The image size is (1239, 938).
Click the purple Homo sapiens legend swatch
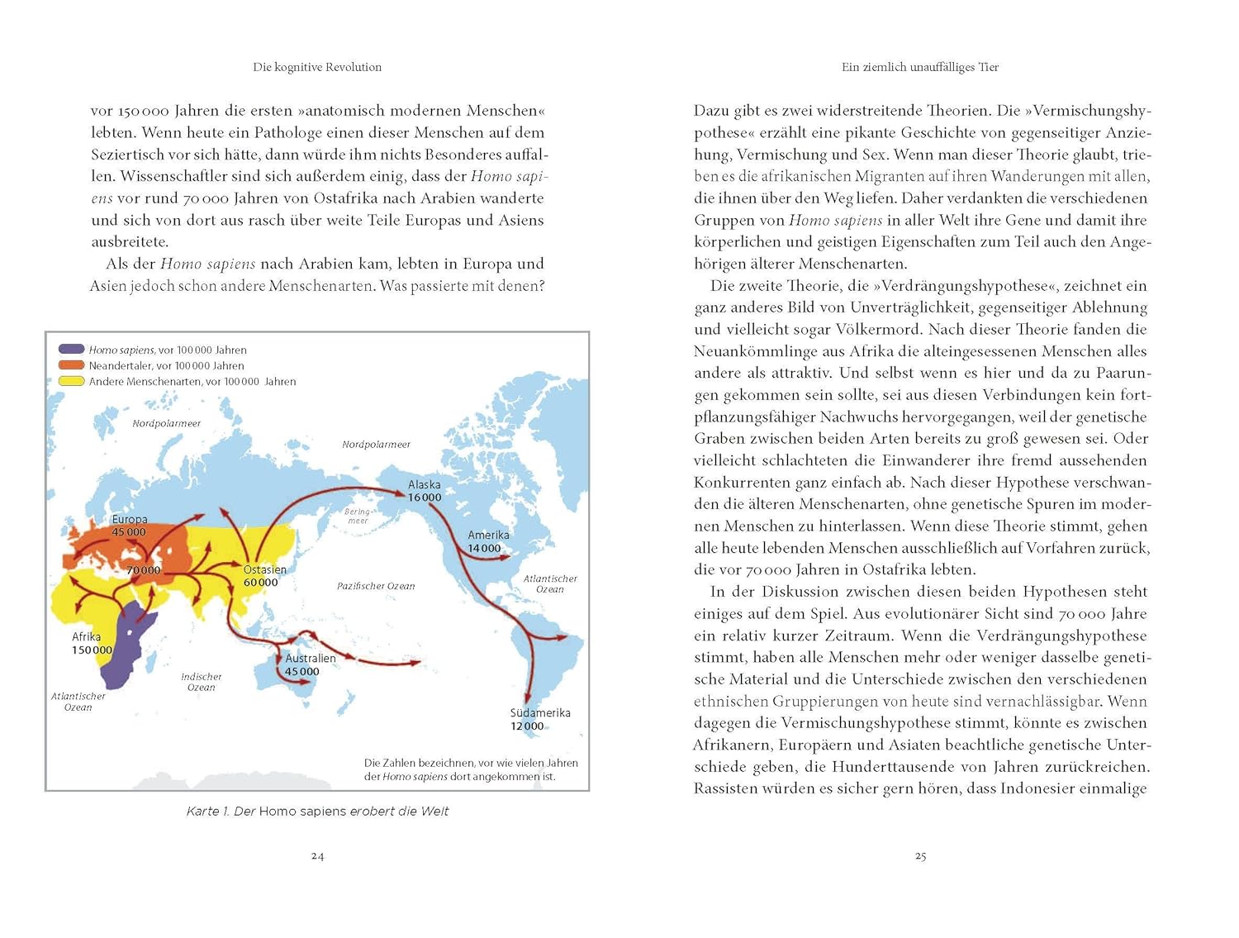71,350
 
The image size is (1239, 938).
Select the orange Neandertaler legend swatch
71,365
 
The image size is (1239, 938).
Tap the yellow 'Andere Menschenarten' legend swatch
71,381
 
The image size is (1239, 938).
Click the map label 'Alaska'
424,484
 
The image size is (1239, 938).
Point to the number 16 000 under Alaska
425,498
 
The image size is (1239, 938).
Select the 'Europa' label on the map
130,520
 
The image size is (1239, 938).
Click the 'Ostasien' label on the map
265,569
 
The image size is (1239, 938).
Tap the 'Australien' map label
311,659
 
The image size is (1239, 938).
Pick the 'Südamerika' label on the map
540,712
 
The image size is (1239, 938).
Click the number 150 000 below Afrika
92,650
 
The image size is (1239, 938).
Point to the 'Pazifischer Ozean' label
376,586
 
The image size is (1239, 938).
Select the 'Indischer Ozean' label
202,682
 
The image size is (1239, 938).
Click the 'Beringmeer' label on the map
358,517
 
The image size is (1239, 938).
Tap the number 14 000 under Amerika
484,549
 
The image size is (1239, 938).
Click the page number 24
317,856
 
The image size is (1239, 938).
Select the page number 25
920,856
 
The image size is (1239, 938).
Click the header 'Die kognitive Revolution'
317,67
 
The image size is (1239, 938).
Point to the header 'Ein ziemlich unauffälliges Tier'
920,67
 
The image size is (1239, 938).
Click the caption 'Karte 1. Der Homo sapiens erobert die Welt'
317,812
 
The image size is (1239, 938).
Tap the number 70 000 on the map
144,571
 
